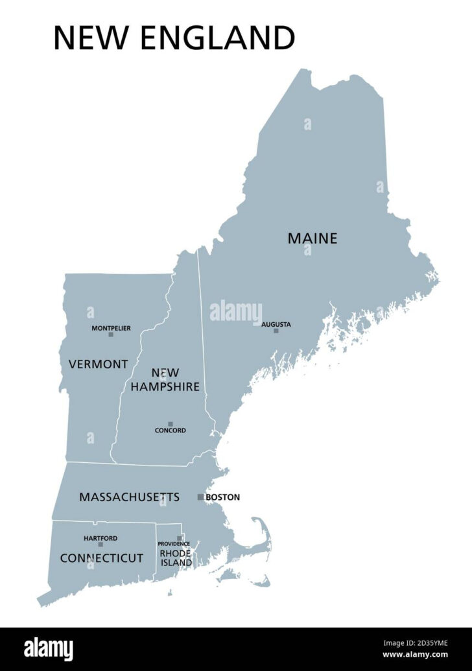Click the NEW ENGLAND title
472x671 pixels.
click(x=174, y=38)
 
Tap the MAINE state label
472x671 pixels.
click(x=313, y=238)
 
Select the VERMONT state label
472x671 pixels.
click(x=99, y=364)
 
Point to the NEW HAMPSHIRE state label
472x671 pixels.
click(x=165, y=379)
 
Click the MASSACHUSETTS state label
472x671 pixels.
click(x=129, y=497)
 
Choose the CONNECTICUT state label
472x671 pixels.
click(x=102, y=558)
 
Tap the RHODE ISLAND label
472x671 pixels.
click(x=176, y=558)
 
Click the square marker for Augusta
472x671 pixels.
click(x=276, y=331)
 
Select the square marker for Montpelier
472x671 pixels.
click(x=111, y=335)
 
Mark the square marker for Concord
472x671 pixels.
click(x=171, y=424)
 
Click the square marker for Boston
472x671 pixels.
click(x=200, y=497)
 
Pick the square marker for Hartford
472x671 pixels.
click(x=100, y=545)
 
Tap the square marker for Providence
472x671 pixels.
click(x=180, y=538)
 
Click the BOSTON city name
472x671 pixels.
click(x=222, y=497)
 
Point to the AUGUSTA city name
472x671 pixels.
click(x=276, y=324)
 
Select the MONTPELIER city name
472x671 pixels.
click(x=111, y=328)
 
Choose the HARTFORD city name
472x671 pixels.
click(x=100, y=538)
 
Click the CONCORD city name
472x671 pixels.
click(x=171, y=430)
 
